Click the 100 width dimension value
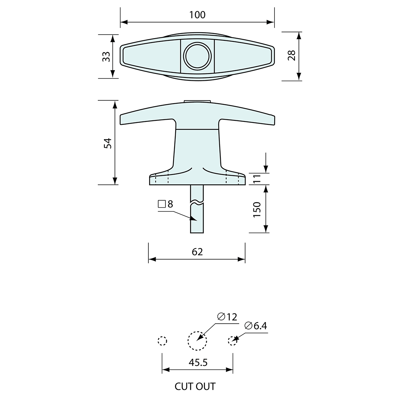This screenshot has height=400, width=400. click(197, 15)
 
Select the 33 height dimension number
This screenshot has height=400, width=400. click(106, 56)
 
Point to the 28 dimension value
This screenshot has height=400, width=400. click(291, 55)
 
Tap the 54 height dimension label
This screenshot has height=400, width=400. click(108, 143)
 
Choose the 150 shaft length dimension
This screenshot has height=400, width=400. click(257, 209)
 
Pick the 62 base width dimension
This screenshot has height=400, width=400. click(197, 252)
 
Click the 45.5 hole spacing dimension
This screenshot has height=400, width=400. click(198, 362)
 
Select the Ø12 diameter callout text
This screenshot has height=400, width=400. click(227, 317)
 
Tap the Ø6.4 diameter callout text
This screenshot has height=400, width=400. click(256, 326)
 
